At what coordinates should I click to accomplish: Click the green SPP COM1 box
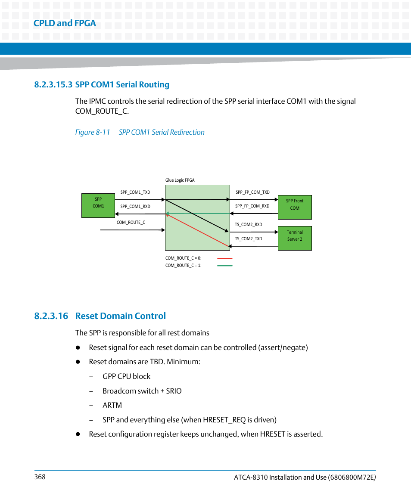[x=98, y=205]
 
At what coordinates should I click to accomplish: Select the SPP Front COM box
[x=295, y=207]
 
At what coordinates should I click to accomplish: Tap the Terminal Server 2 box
[x=295, y=238]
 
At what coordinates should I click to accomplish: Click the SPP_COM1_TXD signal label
[x=135, y=192]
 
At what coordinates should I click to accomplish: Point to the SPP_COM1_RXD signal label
[x=135, y=206]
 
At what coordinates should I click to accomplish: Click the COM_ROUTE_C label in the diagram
[x=131, y=222]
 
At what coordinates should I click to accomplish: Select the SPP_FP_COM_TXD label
[x=252, y=192]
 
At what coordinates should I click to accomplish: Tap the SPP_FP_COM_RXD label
[x=252, y=206]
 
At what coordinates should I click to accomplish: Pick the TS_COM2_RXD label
[x=248, y=224]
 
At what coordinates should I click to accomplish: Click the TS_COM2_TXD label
[x=248, y=239]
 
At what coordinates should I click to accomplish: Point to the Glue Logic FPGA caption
[x=180, y=180]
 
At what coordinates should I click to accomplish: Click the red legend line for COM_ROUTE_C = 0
[x=225, y=258]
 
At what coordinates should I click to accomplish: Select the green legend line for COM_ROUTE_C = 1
[x=225, y=266]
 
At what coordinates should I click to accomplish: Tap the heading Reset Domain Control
[x=120, y=316]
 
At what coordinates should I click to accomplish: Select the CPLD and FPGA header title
[x=65, y=23]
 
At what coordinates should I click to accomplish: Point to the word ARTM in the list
[x=112, y=405]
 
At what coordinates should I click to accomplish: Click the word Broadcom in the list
[x=118, y=391]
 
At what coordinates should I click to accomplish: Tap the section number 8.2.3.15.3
[x=53, y=84]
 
